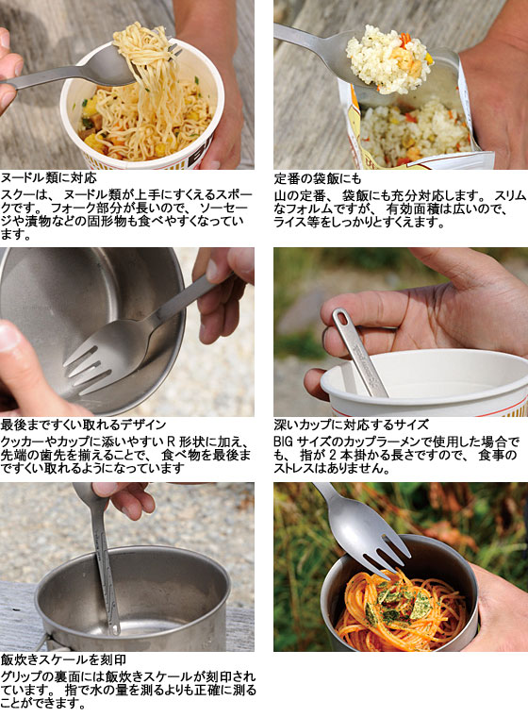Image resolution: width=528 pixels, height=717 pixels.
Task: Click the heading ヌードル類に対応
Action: point(48,177)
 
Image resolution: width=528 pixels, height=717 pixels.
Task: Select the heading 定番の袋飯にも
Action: point(317,178)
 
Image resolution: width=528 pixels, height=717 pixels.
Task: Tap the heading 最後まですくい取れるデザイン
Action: point(83,425)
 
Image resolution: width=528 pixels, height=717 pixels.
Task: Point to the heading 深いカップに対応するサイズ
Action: point(351,425)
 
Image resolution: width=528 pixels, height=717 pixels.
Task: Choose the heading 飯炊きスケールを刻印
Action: point(63,659)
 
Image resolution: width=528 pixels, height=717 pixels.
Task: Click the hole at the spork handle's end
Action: point(341,317)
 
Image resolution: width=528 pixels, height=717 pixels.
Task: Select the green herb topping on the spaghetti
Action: point(397,605)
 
